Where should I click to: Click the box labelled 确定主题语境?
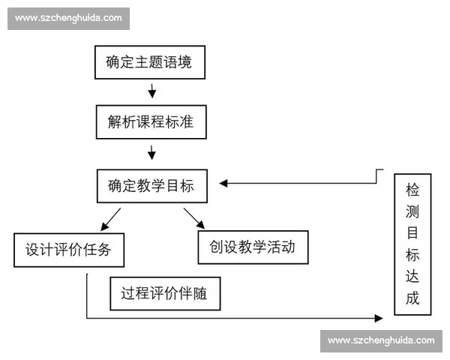(149, 61)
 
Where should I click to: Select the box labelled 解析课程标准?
(151, 121)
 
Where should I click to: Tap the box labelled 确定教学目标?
(151, 185)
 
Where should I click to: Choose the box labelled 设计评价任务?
(68, 250)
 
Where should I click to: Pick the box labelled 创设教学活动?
(253, 247)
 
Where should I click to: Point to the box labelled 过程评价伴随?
(165, 293)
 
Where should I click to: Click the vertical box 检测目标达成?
(412, 244)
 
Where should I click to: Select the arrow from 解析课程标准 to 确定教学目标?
(152, 152)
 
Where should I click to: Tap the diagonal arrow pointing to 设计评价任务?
(110, 218)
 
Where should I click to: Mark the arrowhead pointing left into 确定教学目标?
(223, 182)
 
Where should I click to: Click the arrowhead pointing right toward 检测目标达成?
(388, 319)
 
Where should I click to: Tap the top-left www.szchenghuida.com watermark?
(68, 17)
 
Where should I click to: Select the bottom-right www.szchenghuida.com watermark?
(380, 340)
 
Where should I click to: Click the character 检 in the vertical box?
(412, 188)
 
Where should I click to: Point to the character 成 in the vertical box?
(412, 299)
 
